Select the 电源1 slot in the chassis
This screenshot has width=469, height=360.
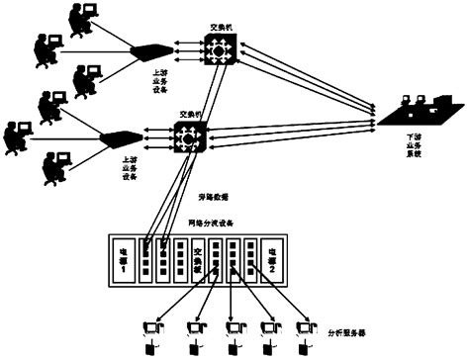[x=124, y=259]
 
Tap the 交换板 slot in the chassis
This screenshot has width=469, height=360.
[x=198, y=259]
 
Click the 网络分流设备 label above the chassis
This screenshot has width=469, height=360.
[x=210, y=225]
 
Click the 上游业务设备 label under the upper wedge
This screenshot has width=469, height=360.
[x=149, y=76]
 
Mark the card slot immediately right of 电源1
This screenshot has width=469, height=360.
[x=144, y=259]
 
